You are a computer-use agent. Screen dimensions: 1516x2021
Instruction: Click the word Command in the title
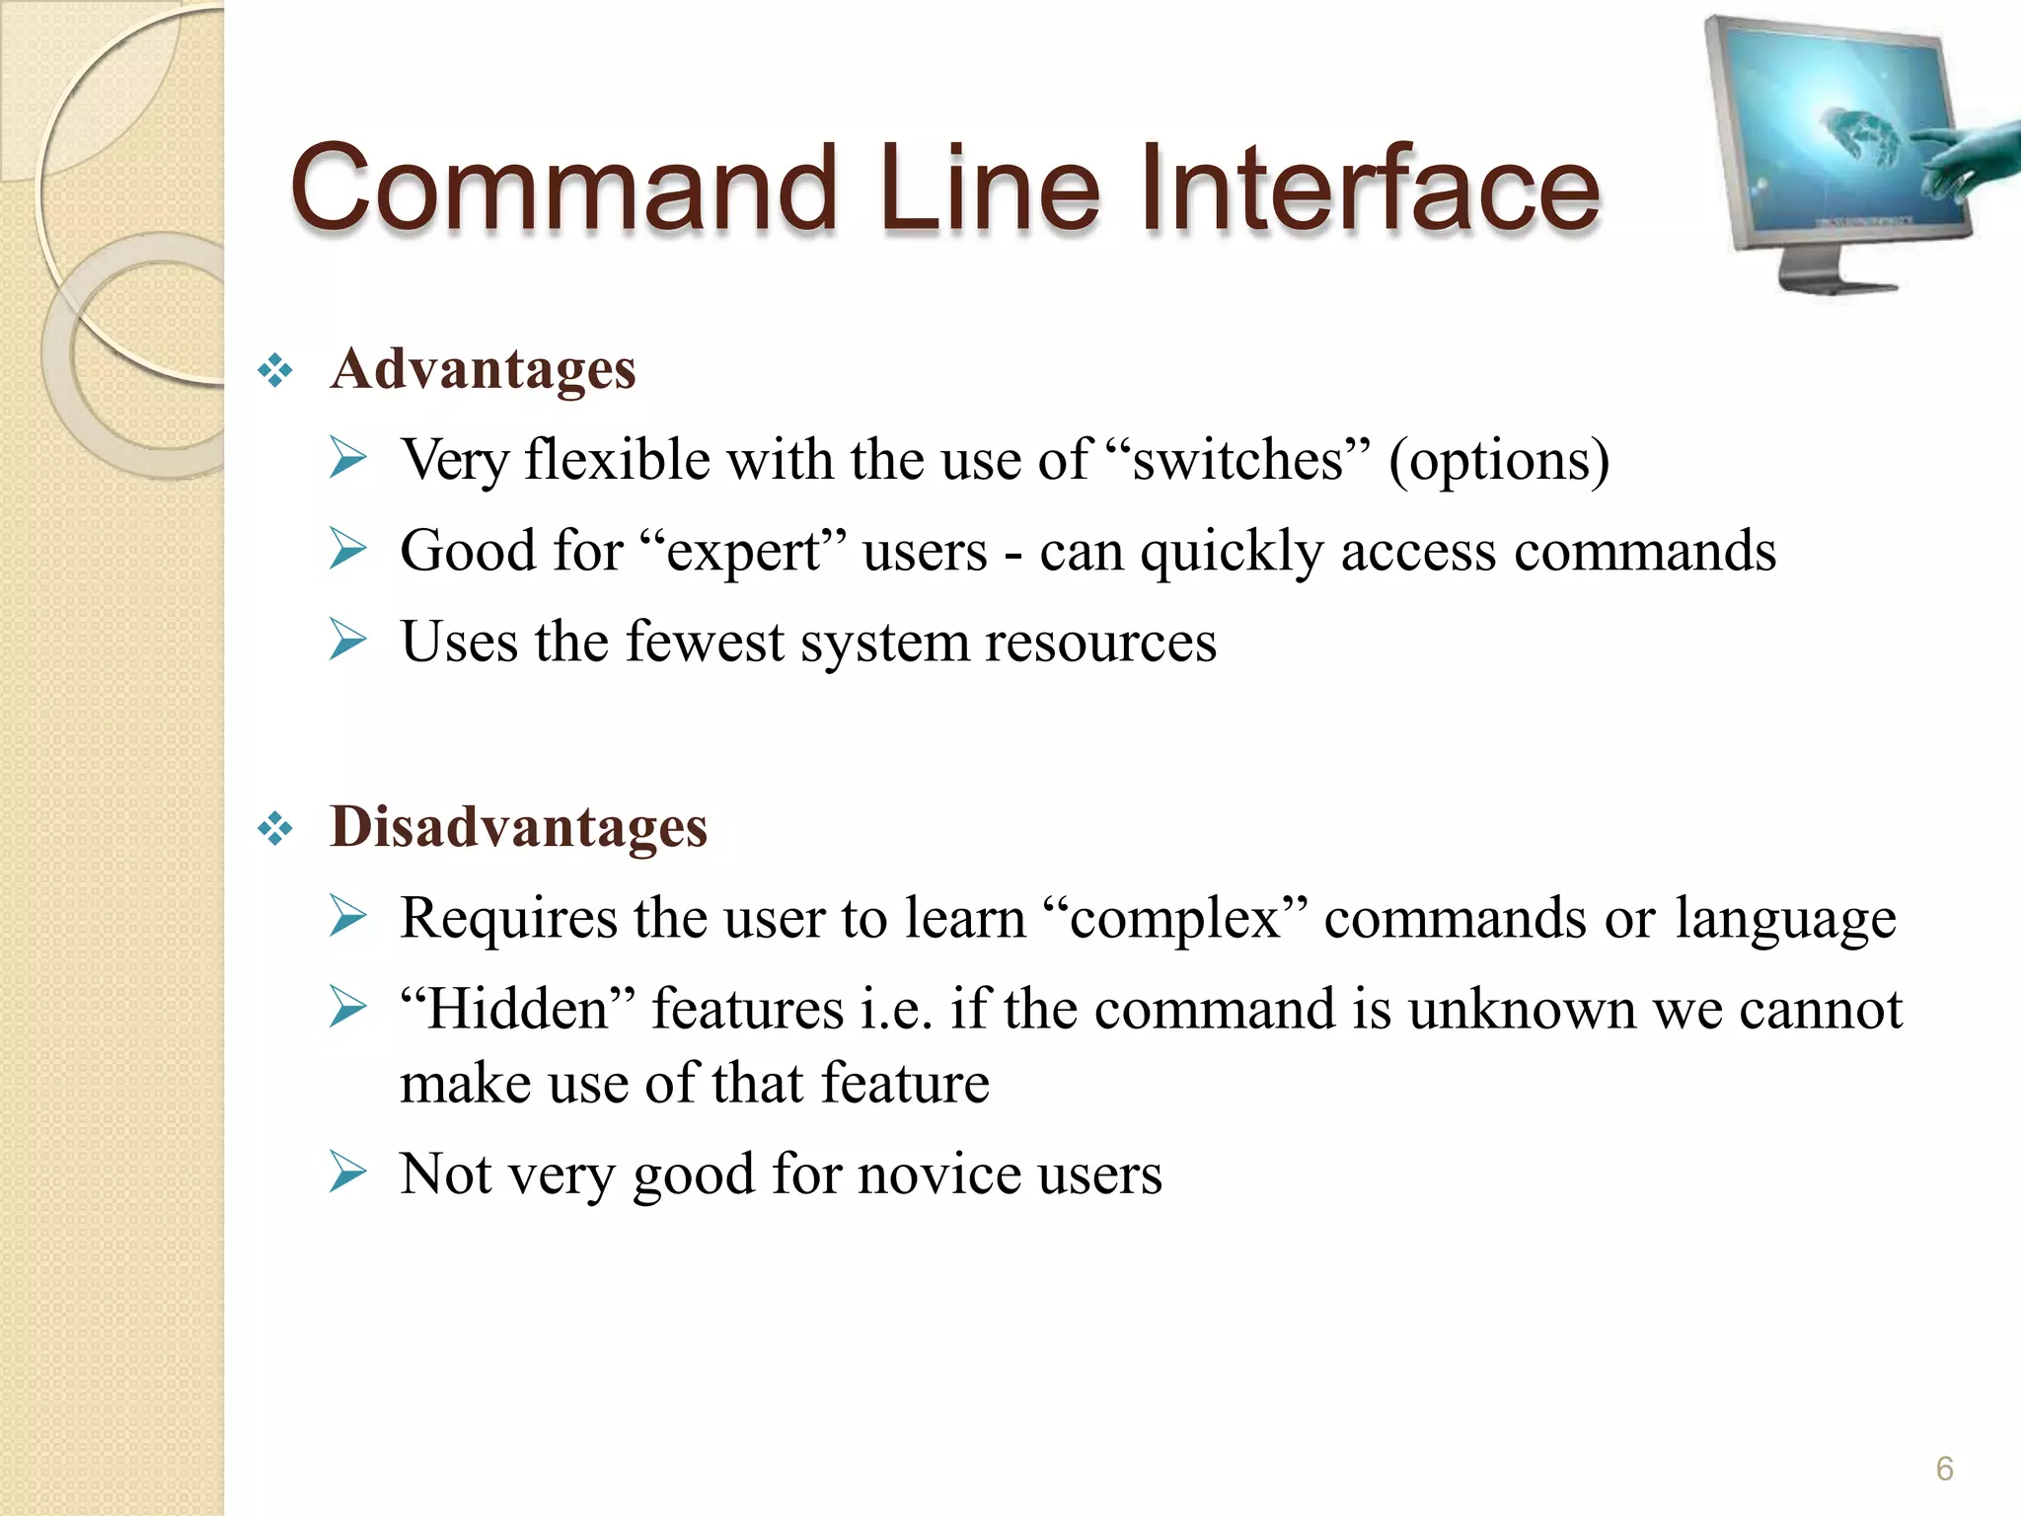pyautogui.click(x=563, y=188)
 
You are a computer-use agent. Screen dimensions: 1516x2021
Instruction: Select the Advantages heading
pyautogui.click(x=483, y=369)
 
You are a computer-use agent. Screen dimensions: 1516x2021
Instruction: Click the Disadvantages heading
pyautogui.click(x=518, y=827)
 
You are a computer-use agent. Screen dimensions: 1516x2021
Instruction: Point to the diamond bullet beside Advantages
pyautogui.click(x=275, y=371)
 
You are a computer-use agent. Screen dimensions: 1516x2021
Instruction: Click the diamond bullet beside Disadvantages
pyautogui.click(x=275, y=829)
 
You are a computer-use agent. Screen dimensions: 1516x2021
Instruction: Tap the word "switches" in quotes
pyautogui.click(x=1237, y=460)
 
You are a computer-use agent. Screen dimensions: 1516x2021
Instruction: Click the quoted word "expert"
pyautogui.click(x=743, y=551)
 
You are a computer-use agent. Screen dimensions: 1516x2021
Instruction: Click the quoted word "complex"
pyautogui.click(x=1174, y=919)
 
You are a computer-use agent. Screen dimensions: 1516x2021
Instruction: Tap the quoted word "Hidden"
pyautogui.click(x=518, y=1009)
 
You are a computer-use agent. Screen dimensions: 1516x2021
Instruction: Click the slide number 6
pyautogui.click(x=1944, y=1469)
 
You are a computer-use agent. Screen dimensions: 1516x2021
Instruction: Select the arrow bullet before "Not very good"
pyautogui.click(x=347, y=1173)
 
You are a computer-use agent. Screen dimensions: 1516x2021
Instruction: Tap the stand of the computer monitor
pyautogui.click(x=1831, y=272)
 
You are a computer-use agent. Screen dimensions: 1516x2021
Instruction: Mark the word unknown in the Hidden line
pyautogui.click(x=1521, y=1010)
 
